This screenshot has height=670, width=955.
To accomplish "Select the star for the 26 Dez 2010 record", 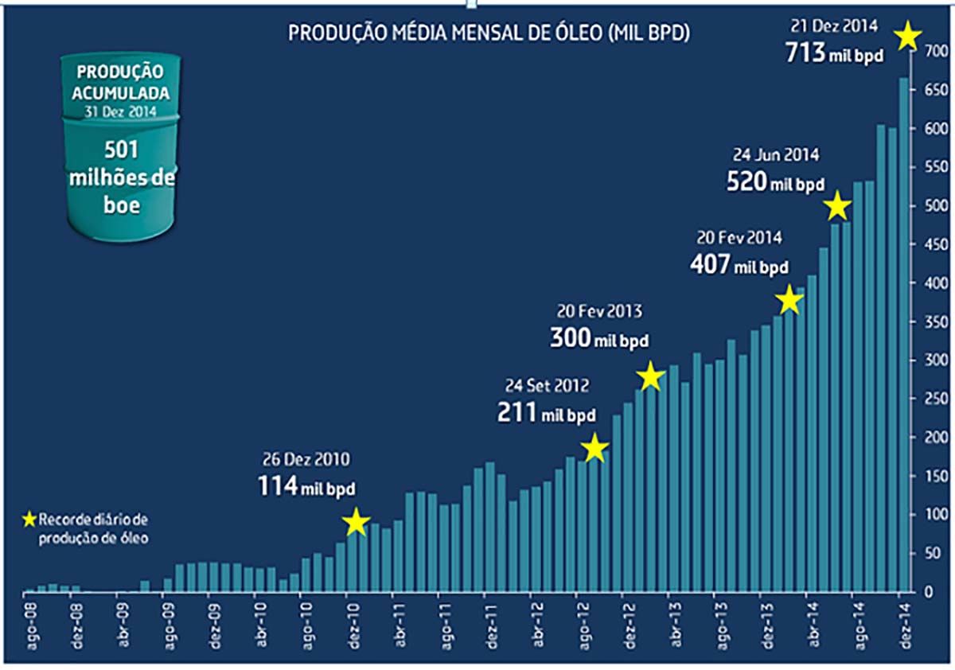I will (356, 522).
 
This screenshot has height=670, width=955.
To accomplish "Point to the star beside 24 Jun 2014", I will (837, 207).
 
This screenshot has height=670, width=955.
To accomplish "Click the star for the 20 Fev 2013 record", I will (650, 376).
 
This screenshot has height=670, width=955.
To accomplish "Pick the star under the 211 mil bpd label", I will (594, 449).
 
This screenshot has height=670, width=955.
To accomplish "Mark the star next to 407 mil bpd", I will (789, 300).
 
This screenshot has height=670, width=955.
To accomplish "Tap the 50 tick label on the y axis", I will (931, 553).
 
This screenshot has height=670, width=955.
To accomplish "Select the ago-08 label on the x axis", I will (31, 625).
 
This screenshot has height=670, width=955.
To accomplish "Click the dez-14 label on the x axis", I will (904, 625).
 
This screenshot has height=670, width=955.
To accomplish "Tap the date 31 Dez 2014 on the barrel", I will (121, 111).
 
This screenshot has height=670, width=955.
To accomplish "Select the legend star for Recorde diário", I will (29, 520).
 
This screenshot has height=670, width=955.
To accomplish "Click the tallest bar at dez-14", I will (904, 334).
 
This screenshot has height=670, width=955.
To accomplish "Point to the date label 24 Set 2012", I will (547, 386).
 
